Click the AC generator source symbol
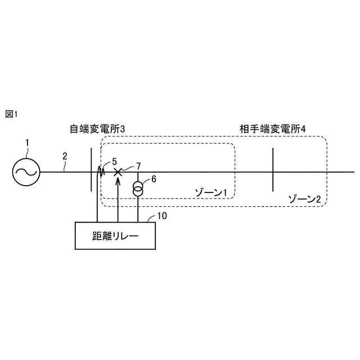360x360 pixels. [26, 171]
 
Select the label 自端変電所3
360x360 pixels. [97, 129]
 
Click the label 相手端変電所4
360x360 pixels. [272, 129]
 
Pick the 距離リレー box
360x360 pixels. [115, 235]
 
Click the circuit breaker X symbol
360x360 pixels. [118, 172]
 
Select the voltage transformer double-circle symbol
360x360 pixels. [138, 189]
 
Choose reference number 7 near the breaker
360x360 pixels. [138, 166]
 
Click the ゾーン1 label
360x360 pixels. [210, 193]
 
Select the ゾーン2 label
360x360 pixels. [304, 199]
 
